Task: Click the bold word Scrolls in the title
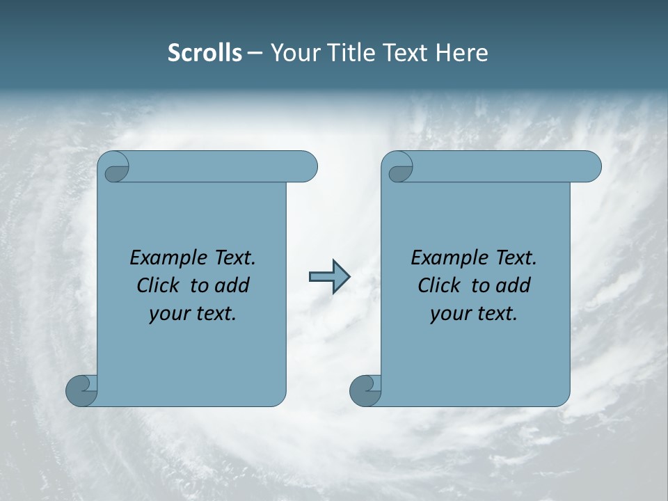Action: pos(205,53)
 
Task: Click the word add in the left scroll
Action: pos(232,286)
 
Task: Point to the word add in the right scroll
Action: pos(513,286)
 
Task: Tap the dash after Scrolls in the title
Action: pos(255,54)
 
